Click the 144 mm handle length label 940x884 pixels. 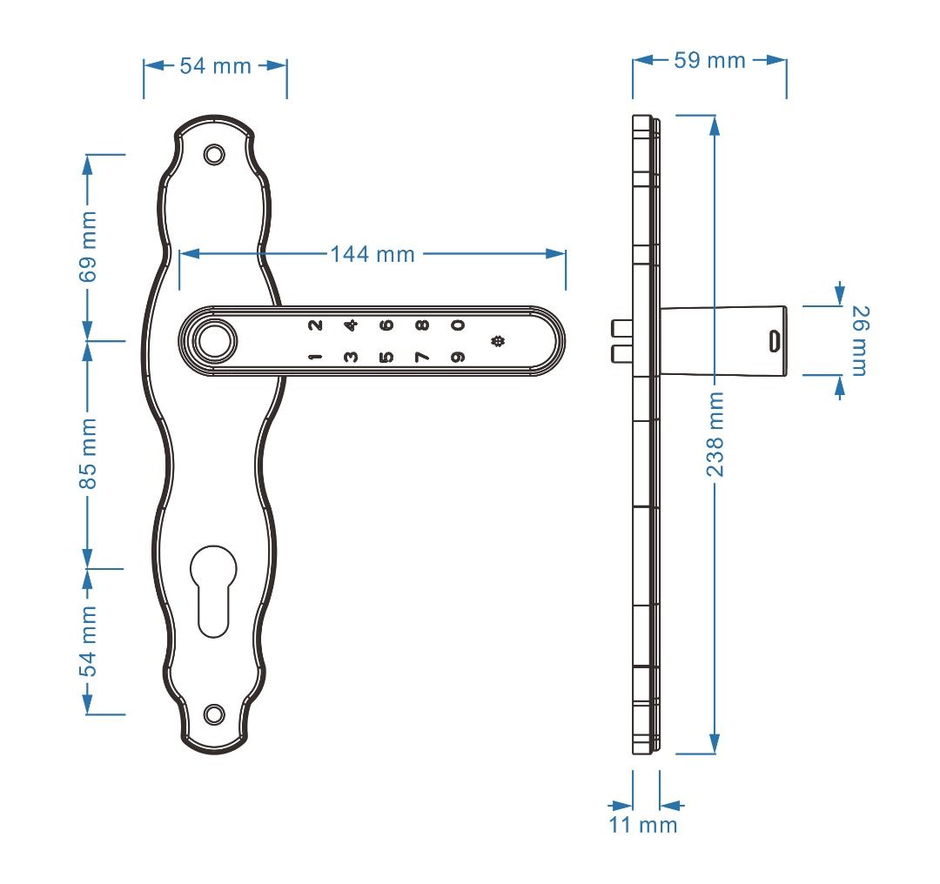pos(373,254)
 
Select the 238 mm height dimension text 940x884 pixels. pos(715,433)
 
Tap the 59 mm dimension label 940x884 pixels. pos(709,60)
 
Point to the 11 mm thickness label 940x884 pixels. pos(642,825)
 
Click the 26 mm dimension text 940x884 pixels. pos(858,340)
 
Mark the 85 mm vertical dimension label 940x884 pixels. pos(88,453)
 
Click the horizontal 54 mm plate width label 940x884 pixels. pos(215,66)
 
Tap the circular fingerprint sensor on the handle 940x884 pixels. pos(213,341)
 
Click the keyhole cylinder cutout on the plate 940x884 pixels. pos(213,587)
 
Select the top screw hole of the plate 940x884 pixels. pos(213,154)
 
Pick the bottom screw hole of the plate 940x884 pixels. pos(213,713)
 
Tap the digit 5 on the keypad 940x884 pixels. pos(386,357)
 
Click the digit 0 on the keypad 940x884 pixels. pos(457,325)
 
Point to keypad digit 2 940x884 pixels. pos(314,325)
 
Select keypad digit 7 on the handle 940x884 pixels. pos(421,357)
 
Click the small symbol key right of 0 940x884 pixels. pos(498,341)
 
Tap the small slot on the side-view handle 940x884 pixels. pos(772,340)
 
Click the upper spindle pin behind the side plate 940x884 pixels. pos(619,328)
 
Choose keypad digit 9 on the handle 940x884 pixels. pos(457,357)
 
